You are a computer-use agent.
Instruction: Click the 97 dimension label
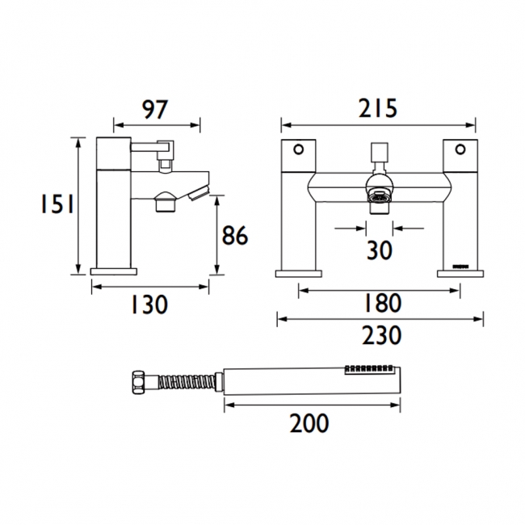(x=155, y=108)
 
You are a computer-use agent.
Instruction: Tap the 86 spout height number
(x=235, y=236)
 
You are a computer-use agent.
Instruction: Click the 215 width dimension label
(x=377, y=108)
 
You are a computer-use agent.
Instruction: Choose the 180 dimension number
(x=378, y=304)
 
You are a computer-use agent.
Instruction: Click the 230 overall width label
(x=378, y=334)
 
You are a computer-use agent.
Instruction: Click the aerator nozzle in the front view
(x=377, y=199)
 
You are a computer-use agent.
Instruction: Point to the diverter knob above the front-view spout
(x=377, y=153)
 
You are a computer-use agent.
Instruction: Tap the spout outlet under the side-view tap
(x=165, y=202)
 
